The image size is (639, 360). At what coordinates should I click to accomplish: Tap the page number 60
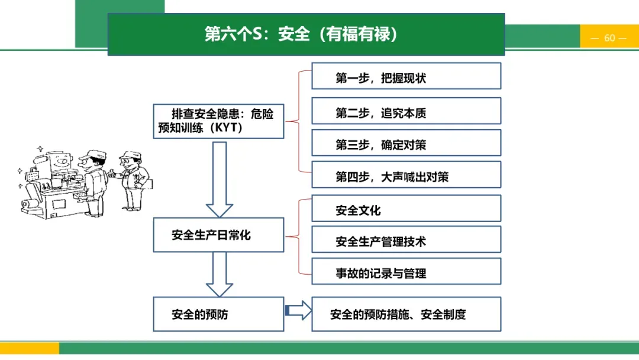(609, 38)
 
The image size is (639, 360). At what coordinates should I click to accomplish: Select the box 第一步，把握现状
(406, 76)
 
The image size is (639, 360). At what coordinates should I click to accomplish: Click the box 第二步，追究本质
(406, 111)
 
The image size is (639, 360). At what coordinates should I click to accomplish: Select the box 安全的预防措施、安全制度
(406, 314)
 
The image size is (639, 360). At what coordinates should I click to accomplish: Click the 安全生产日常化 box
(218, 235)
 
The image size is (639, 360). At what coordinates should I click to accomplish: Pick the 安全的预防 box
(218, 314)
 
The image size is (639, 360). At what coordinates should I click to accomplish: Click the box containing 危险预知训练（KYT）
(218, 121)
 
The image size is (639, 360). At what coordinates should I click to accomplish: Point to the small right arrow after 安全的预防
(298, 310)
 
